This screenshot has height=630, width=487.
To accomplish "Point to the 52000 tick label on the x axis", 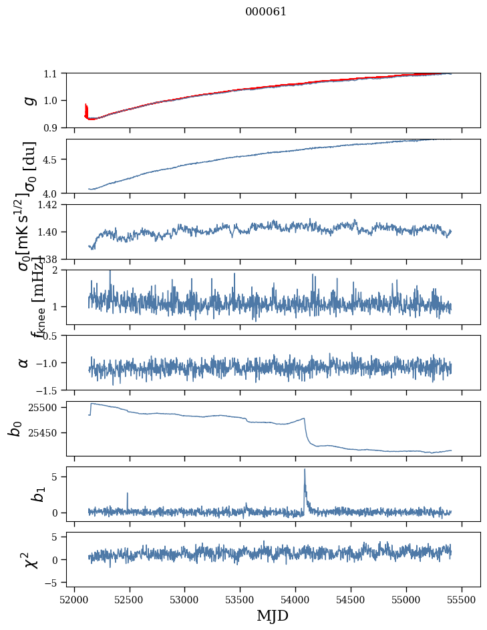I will [x=74, y=599].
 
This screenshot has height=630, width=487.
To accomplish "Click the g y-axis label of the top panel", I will [x=28, y=100].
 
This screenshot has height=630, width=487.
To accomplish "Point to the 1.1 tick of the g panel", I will [x=53, y=73].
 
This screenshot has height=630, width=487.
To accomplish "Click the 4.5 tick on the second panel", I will [x=53, y=160].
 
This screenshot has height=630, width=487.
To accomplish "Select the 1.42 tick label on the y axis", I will [x=50, y=204].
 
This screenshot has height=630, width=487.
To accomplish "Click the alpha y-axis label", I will [x=23, y=362].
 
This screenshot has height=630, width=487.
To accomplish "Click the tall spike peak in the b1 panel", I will [x=305, y=469].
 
